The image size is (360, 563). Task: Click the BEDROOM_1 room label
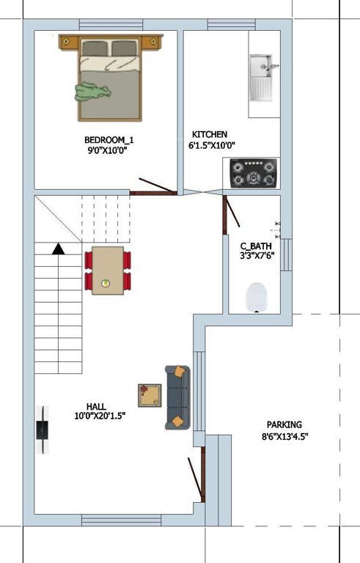pos(109,139)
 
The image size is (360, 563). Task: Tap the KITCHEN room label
pos(210,135)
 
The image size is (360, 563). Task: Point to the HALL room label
pos(96,406)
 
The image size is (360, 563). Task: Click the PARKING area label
pos(284,424)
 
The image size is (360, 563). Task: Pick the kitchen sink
pos(262,78)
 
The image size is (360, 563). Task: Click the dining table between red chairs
pos(108,270)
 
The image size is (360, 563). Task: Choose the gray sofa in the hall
pos(177,397)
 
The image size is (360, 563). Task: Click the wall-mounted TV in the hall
pos(44,430)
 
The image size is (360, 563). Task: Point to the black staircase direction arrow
pos(59,249)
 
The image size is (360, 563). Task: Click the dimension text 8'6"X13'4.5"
pos(284,437)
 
